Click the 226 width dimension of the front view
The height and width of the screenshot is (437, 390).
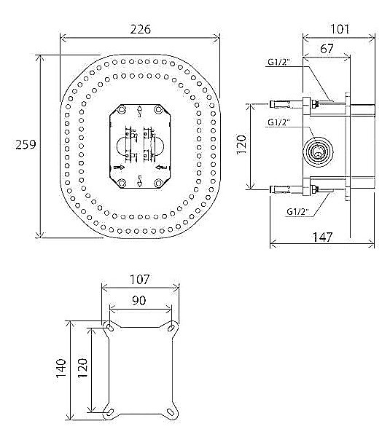tap(140, 30)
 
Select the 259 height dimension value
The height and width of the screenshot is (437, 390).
tap(26, 145)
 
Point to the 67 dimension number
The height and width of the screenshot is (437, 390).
tap(326, 49)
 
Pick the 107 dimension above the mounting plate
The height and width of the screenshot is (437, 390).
tap(140, 279)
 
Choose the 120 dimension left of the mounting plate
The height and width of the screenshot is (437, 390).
tap(82, 369)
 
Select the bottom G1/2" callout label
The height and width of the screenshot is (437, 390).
tap(297, 211)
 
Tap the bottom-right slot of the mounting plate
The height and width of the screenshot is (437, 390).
tap(173, 412)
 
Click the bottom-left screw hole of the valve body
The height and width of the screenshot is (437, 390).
tap(122, 182)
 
